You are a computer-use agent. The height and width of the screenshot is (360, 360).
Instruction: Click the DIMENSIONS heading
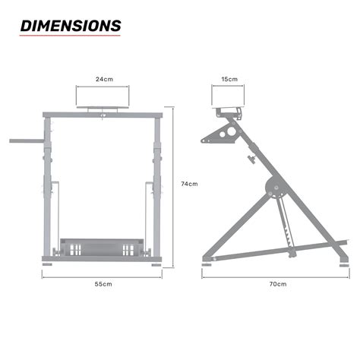(70, 26)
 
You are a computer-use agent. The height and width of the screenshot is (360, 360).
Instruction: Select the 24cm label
(104, 79)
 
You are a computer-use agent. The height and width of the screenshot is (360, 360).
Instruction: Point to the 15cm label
(229, 79)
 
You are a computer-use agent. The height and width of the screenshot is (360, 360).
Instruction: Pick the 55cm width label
(103, 284)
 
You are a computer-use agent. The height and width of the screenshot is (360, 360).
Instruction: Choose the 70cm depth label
(277, 284)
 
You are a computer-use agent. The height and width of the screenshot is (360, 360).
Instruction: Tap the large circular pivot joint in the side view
(273, 188)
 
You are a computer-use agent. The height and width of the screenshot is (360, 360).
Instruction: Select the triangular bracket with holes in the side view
(220, 136)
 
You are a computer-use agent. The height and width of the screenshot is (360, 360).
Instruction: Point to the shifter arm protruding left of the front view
(26, 141)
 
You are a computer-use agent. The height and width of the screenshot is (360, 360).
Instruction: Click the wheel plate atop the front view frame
(104, 109)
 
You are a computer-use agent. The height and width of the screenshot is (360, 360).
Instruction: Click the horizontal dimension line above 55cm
(103, 275)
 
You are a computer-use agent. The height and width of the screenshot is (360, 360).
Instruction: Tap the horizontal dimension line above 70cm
(277, 275)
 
